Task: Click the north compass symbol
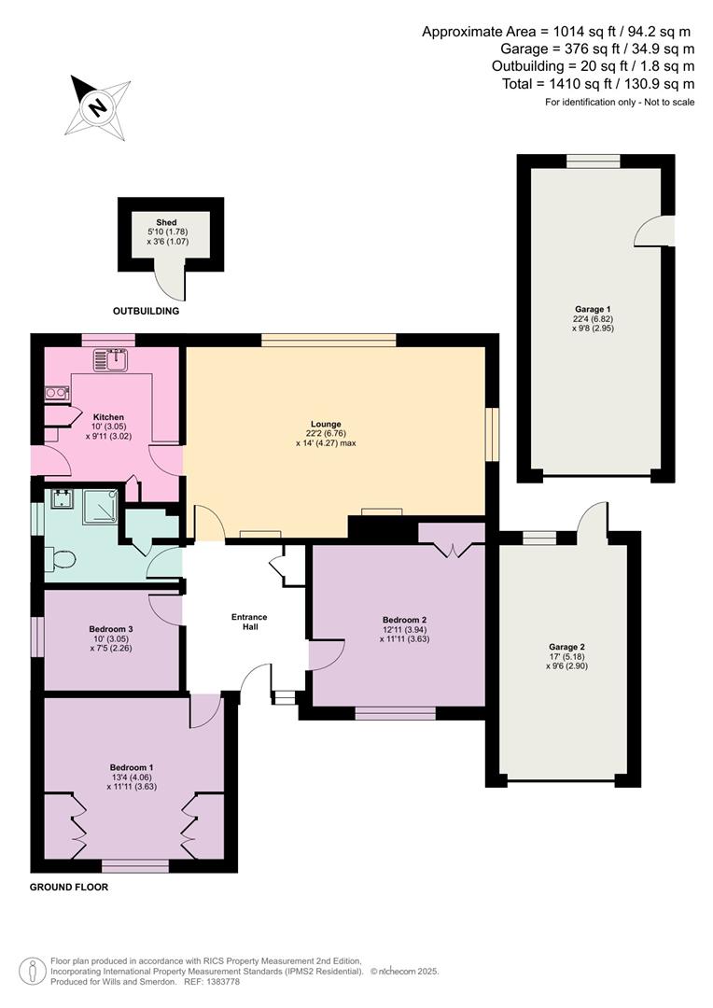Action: [x=96, y=105]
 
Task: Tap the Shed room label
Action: [x=167, y=222]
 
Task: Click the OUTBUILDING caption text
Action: [x=146, y=311]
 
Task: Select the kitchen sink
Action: [x=117, y=357]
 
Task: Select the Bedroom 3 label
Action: [x=111, y=628]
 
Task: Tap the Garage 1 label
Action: [x=594, y=309]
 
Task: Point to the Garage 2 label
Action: [x=566, y=647]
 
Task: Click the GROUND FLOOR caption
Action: [x=69, y=888]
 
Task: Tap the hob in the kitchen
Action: [x=56, y=393]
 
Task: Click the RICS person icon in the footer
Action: [x=33, y=971]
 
